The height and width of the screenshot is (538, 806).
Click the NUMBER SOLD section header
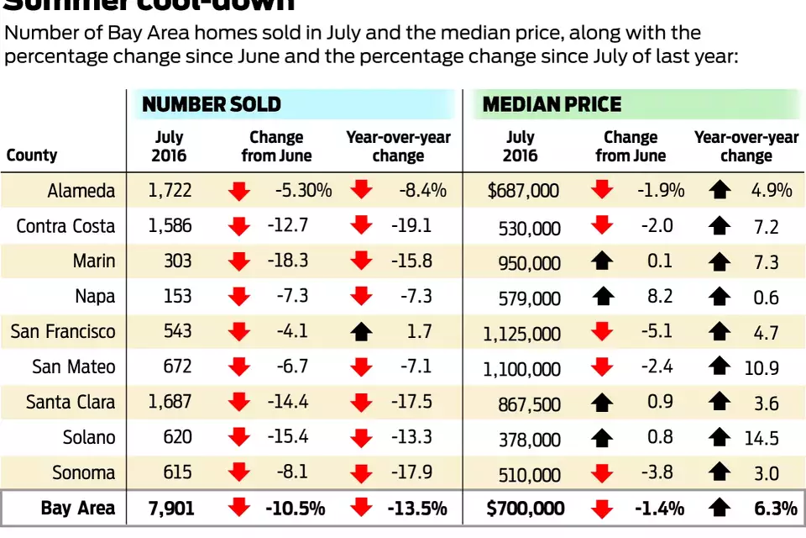(x=212, y=105)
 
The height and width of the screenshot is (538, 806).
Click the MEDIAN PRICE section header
(x=552, y=105)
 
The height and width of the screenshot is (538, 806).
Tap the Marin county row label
(x=94, y=261)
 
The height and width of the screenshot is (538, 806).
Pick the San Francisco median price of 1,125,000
(x=521, y=334)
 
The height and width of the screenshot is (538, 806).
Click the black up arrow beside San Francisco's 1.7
(x=362, y=332)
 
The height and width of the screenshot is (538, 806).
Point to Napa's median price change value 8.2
(x=661, y=297)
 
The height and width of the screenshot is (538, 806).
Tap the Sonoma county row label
(x=85, y=473)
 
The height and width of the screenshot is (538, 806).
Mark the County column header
(x=32, y=156)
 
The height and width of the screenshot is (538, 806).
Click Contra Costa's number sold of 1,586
(x=170, y=226)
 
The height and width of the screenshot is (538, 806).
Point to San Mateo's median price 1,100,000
(x=521, y=369)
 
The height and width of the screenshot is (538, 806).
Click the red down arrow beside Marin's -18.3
(x=239, y=261)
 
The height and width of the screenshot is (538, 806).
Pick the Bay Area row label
(x=78, y=509)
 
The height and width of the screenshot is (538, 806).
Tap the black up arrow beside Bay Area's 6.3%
(x=720, y=509)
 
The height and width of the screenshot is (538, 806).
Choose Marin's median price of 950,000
(x=528, y=263)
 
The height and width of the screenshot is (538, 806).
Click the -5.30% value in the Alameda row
(x=303, y=191)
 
